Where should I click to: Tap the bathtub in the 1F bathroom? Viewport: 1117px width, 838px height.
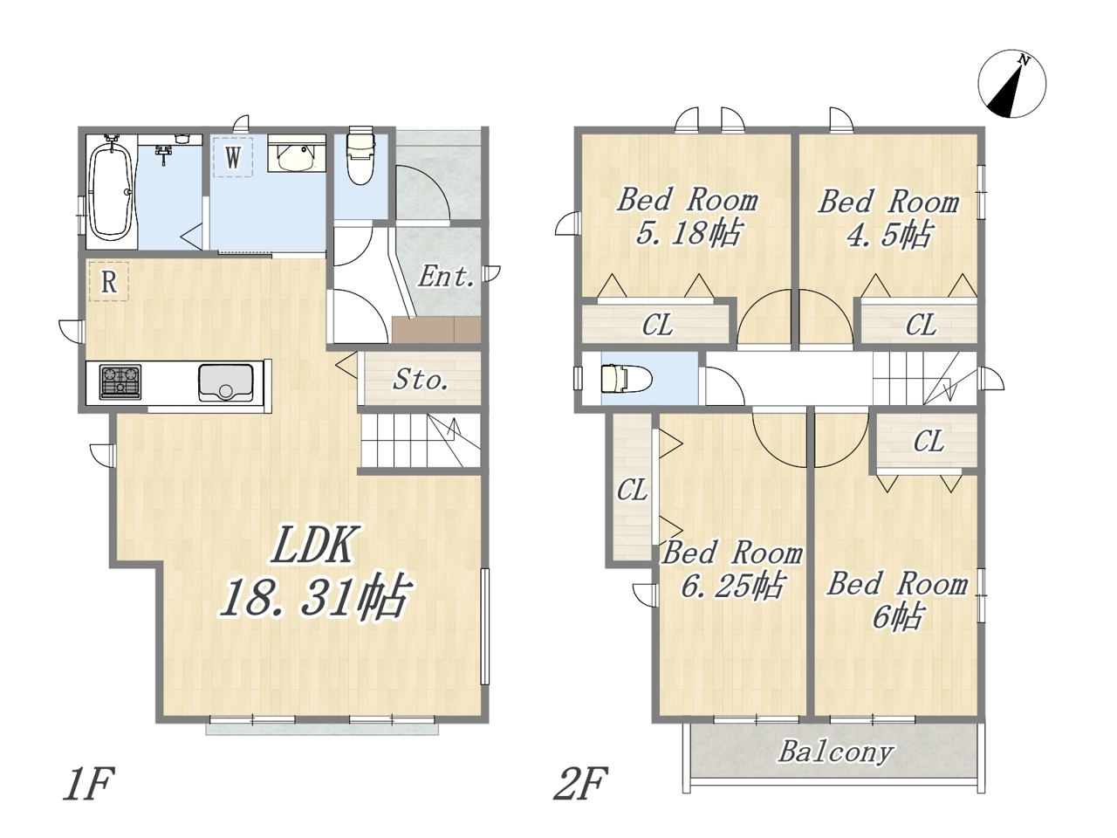point(112,191)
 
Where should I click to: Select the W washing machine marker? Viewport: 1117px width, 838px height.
point(233,157)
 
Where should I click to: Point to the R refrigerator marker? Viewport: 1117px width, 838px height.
point(109,281)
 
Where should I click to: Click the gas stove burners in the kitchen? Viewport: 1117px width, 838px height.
point(121,381)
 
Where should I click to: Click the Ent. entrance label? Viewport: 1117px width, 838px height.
point(447,278)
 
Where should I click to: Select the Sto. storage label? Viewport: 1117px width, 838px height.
point(421,380)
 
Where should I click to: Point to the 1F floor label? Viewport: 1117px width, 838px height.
point(87,784)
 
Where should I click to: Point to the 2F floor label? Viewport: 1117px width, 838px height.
point(580,784)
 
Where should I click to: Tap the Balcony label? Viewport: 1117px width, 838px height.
point(835,752)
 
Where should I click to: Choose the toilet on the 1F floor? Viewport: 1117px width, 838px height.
point(360,155)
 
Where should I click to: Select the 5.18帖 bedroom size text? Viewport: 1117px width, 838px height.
point(688,234)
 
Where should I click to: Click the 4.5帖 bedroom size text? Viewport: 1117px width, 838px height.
point(889,235)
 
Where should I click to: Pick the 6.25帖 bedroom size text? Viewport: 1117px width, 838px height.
point(732,587)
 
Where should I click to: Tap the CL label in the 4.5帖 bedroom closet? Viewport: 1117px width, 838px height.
point(921,324)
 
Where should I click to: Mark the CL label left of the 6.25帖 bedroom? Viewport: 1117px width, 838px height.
point(633,490)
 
